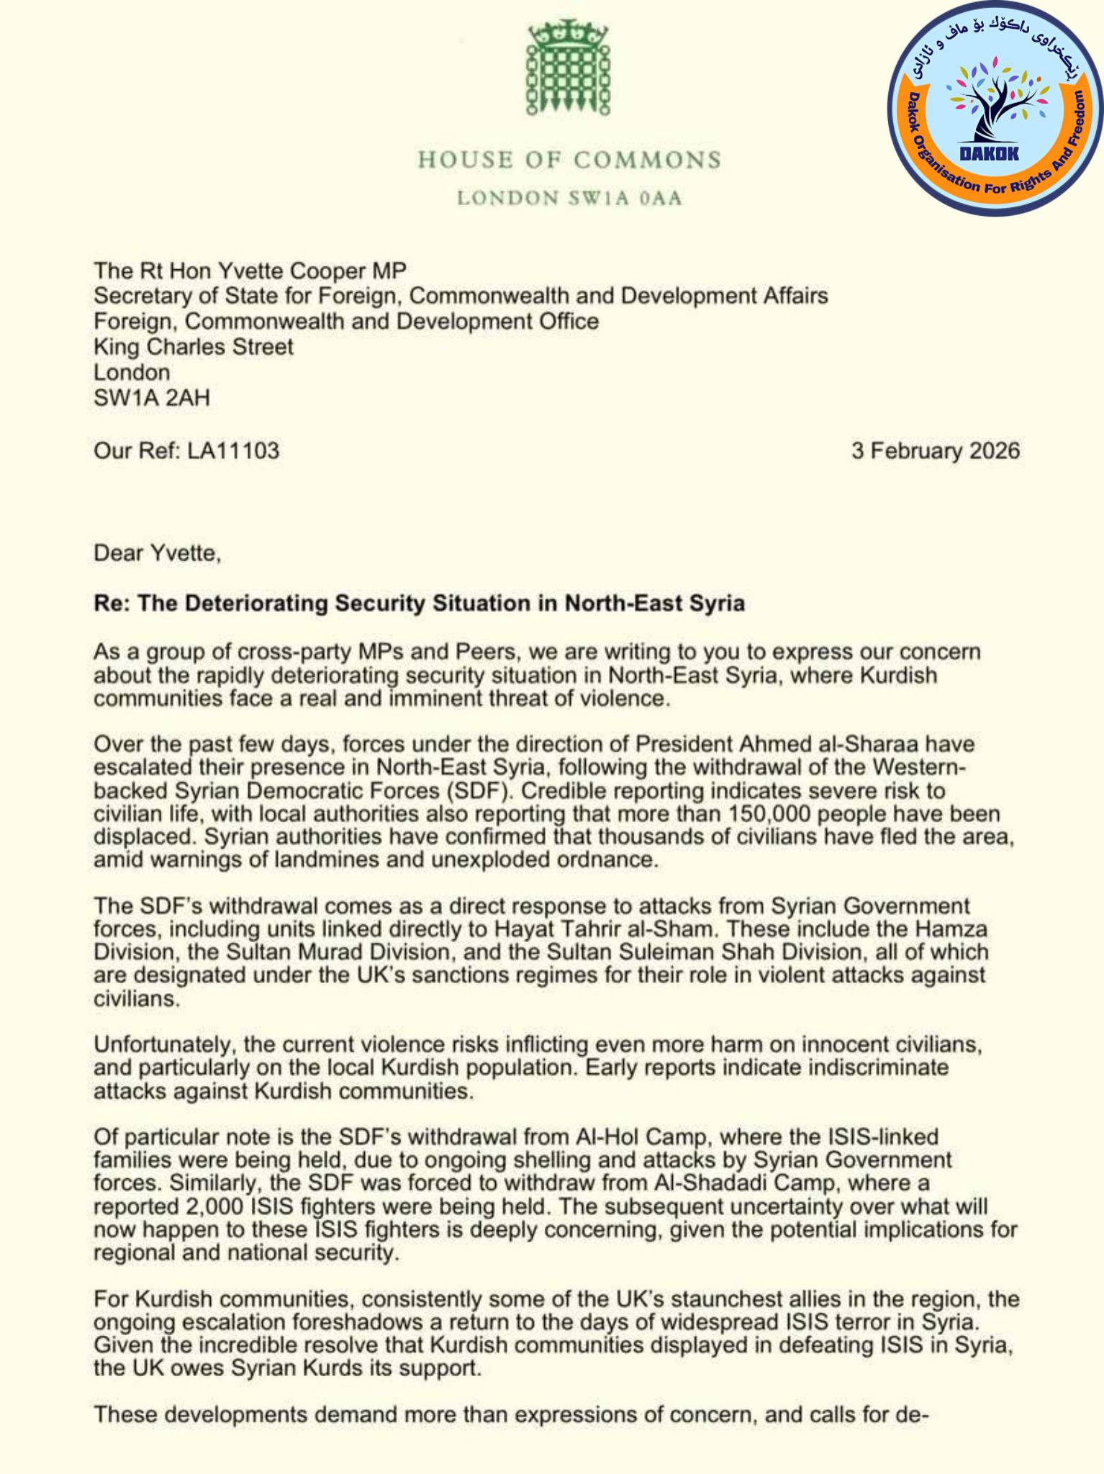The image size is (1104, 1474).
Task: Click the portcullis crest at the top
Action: pyautogui.click(x=568, y=68)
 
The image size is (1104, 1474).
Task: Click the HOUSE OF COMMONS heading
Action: pyautogui.click(x=569, y=160)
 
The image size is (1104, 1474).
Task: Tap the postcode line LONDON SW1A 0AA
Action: pyautogui.click(x=569, y=198)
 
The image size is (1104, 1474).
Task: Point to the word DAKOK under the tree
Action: pyautogui.click(x=989, y=153)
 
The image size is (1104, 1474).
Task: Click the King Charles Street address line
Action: pyautogui.click(x=194, y=347)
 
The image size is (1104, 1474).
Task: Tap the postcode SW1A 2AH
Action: pyautogui.click(x=152, y=397)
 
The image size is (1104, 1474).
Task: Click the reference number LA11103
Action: pyautogui.click(x=233, y=451)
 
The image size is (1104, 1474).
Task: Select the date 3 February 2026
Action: pyautogui.click(x=936, y=451)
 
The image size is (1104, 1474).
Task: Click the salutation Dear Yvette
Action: pyautogui.click(x=157, y=553)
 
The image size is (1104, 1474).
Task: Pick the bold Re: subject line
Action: pyautogui.click(x=419, y=602)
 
